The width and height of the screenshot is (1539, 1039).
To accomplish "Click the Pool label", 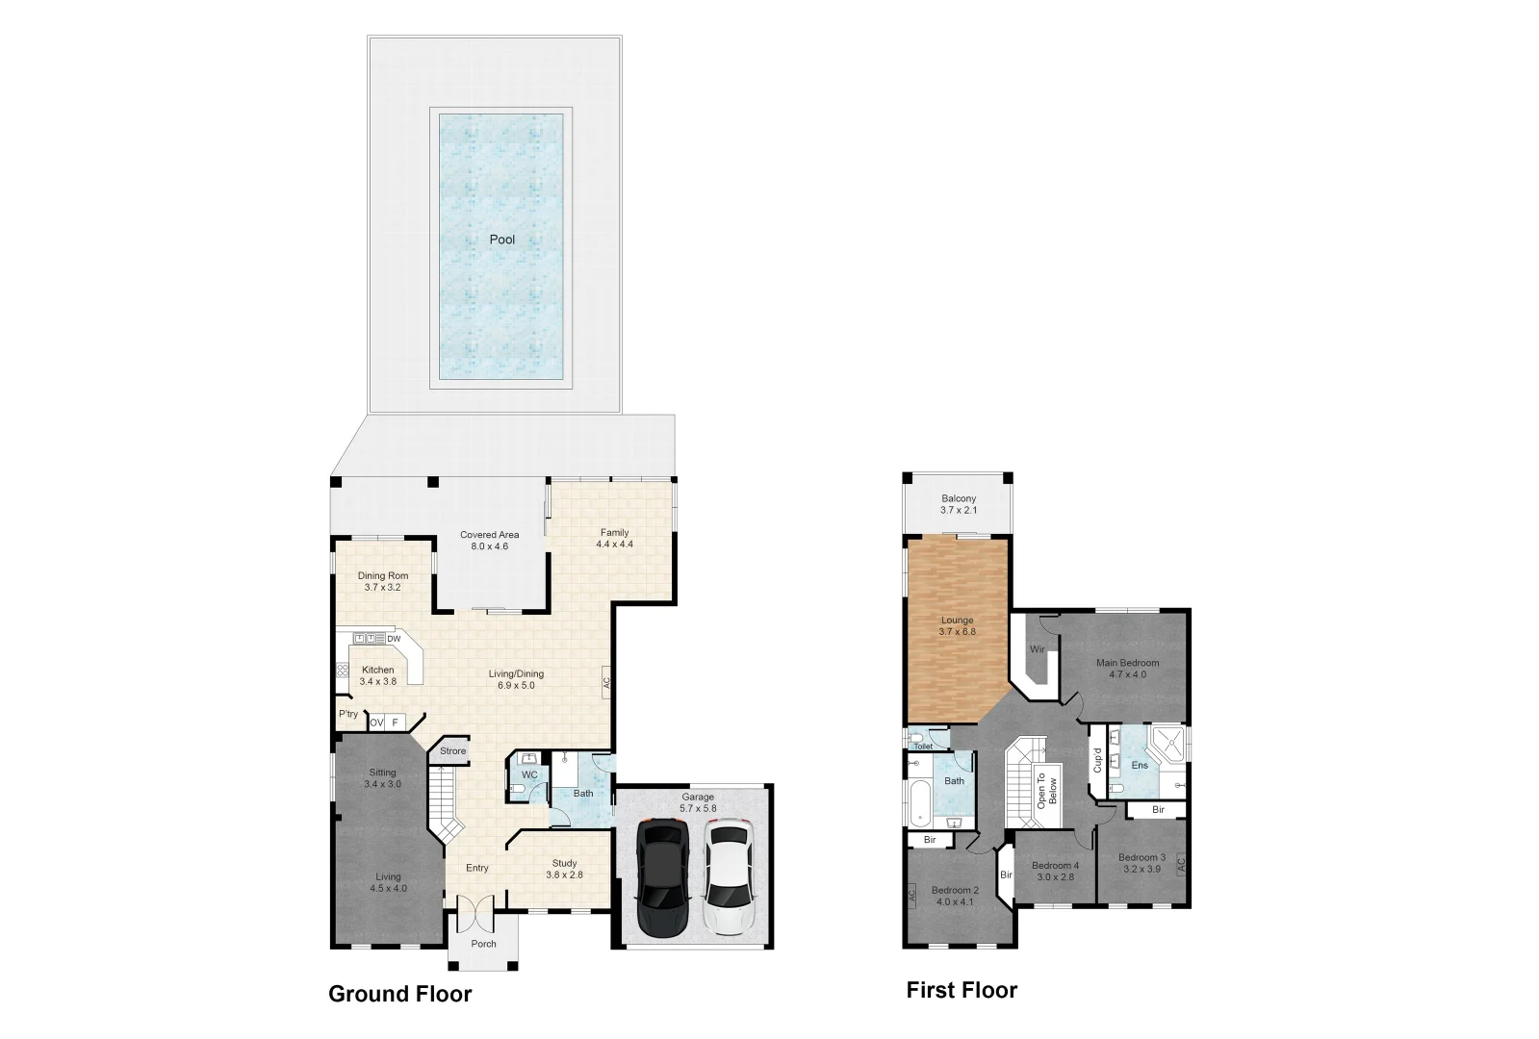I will (x=502, y=240).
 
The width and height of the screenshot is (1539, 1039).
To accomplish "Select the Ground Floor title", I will (x=399, y=994).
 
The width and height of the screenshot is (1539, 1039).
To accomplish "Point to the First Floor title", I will (x=962, y=990).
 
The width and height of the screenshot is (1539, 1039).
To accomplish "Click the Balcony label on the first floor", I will (x=959, y=498).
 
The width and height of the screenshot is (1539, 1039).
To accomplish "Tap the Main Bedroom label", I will (x=1127, y=663).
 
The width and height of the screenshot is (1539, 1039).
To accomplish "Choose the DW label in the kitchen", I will (x=394, y=639).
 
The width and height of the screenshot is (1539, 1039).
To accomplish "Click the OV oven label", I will (x=376, y=722).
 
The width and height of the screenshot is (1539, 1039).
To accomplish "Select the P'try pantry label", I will (x=347, y=714).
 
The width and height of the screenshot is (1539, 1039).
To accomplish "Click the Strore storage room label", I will (x=452, y=751).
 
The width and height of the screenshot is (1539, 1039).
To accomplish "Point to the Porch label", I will (x=484, y=944).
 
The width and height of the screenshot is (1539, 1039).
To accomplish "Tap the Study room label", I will (x=564, y=863).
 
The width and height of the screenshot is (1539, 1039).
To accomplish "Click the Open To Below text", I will (x=1046, y=790).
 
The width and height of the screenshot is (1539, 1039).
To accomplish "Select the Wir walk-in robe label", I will (x=1037, y=649).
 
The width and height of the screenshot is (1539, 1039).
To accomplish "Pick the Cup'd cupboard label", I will (x=1097, y=760).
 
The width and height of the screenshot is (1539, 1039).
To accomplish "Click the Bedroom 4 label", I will (x=1055, y=865).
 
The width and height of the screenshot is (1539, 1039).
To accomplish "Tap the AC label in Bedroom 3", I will (x=1181, y=862).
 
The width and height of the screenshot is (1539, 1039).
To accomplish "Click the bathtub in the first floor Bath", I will (x=919, y=802).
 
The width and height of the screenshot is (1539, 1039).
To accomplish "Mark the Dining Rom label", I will (x=383, y=575).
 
